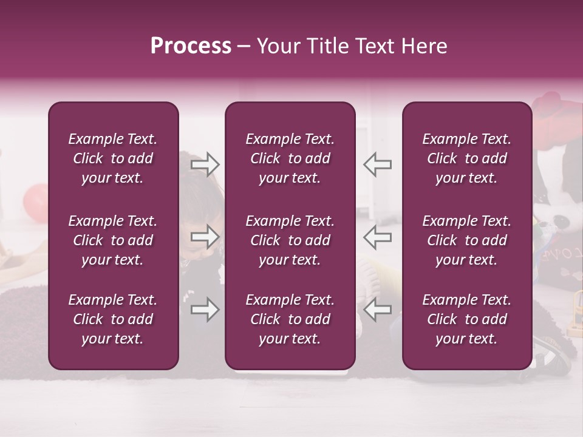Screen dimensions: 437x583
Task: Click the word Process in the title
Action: pos(191,46)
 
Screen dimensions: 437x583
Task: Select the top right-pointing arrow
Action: pos(205,164)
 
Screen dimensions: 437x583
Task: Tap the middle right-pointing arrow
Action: pos(205,237)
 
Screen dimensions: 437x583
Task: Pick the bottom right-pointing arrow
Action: pos(205,310)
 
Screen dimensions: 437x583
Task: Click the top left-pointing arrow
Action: pos(378,164)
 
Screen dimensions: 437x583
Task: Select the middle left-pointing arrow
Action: pos(378,237)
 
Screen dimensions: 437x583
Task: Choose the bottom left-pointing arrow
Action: pos(378,310)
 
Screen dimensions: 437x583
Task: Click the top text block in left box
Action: pos(113,158)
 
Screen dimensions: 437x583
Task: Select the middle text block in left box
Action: pos(113,240)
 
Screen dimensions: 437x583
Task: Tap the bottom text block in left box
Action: pos(113,319)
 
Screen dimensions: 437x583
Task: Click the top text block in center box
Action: pos(290,158)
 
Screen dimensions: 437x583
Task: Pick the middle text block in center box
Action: pos(290,240)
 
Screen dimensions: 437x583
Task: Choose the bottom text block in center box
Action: pos(290,319)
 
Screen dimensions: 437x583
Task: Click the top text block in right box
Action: pos(466,158)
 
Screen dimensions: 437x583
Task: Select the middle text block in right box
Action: pos(466,240)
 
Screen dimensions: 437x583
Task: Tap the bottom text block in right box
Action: pos(466,319)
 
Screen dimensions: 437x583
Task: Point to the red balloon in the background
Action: pos(35,203)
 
